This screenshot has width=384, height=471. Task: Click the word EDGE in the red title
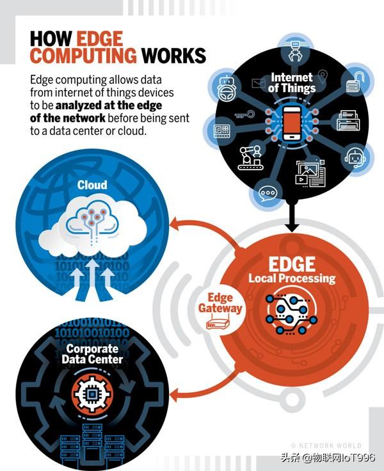pyautogui.click(x=100, y=39)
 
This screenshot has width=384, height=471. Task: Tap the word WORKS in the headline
pyautogui.click(x=173, y=56)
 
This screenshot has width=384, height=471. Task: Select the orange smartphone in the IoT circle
pyautogui.click(x=292, y=123)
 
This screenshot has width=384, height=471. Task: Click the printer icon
pyautogui.click(x=348, y=120)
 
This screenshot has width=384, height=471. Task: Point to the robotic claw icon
pyautogui.click(x=295, y=51)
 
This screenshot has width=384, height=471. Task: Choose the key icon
pyautogui.click(x=244, y=115)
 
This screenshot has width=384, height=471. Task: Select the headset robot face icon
pyautogui.click(x=355, y=157)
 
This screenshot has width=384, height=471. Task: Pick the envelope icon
pyautogui.click(x=258, y=83)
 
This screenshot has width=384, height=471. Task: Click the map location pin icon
pyautogui.click(x=322, y=76)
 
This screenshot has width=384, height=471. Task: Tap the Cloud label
pyautogui.click(x=92, y=185)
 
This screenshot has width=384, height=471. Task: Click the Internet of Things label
pyautogui.click(x=291, y=83)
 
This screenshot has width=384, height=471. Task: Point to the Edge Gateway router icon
pyautogui.click(x=218, y=323)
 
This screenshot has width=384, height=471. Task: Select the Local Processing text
pyautogui.click(x=292, y=278)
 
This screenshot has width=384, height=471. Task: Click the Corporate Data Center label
pyautogui.click(x=92, y=354)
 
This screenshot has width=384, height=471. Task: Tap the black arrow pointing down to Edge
pyautogui.click(x=291, y=216)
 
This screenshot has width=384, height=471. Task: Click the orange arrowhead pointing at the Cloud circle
pyautogui.click(x=175, y=224)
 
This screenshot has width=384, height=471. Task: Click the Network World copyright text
pyautogui.click(x=326, y=445)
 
